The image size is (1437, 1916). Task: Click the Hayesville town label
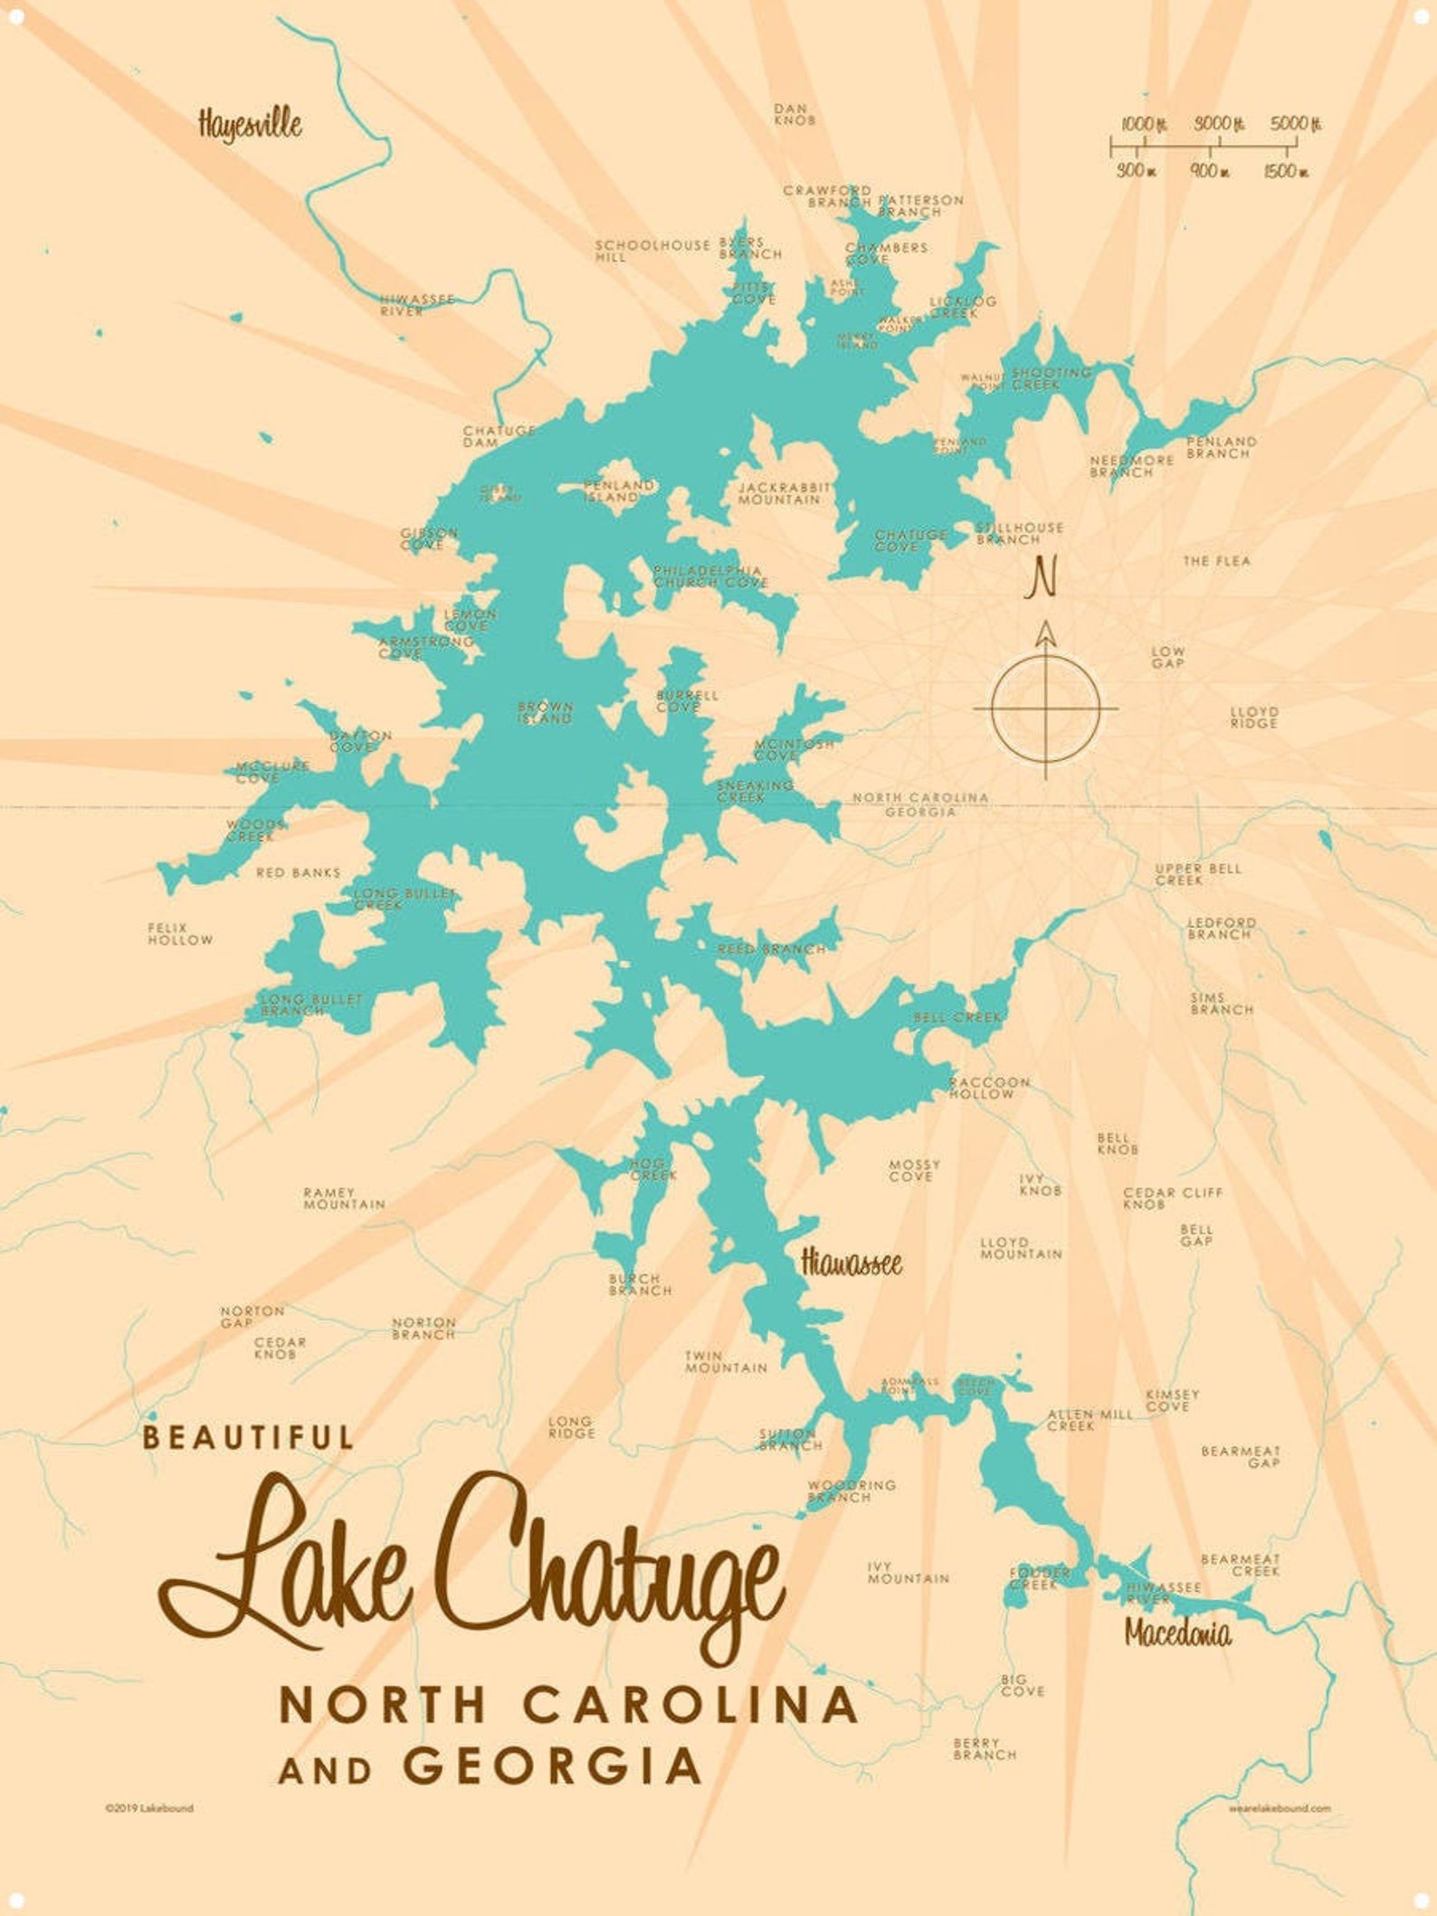(250, 124)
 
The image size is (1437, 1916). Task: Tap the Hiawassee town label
(852, 1263)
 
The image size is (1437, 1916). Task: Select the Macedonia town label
(1177, 1633)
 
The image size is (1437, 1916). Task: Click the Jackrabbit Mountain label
(784, 493)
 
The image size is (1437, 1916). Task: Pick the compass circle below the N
(1045, 707)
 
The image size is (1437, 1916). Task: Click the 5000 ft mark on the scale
(1295, 124)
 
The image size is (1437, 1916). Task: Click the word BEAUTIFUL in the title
(248, 1437)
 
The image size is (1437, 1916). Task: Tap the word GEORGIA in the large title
(552, 1766)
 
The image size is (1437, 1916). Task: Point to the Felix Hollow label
(180, 934)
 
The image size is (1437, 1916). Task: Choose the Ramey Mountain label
(344, 1199)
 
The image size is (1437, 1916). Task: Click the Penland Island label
(618, 491)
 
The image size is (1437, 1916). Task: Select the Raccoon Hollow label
(989, 1088)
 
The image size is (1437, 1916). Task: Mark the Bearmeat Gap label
(1240, 1457)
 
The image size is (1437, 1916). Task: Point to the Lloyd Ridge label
(1253, 718)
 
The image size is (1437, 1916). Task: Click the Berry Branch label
(985, 1749)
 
